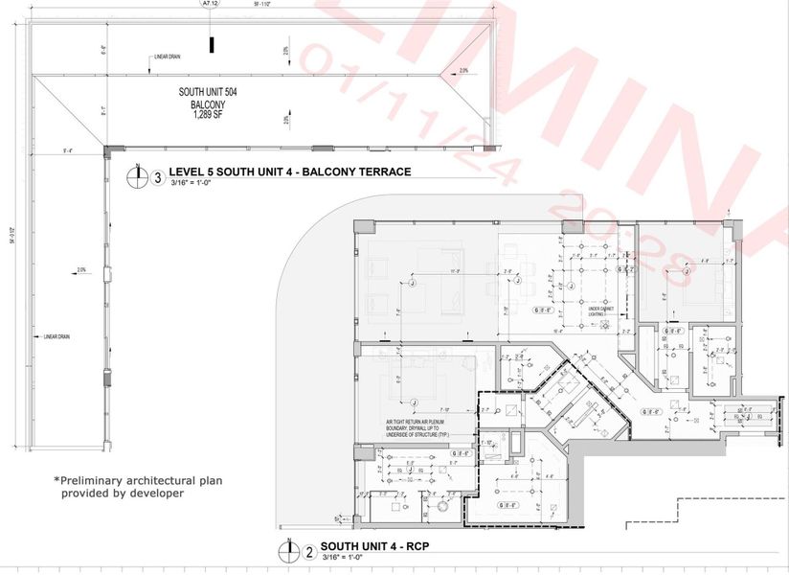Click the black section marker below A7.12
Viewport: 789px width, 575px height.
tap(213, 44)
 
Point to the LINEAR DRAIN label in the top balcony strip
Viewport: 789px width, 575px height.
tap(169, 57)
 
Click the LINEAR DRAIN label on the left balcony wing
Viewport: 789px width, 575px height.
tap(56, 336)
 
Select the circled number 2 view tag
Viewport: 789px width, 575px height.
tap(309, 552)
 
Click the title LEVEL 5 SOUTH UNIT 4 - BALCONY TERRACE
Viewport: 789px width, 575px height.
tap(289, 172)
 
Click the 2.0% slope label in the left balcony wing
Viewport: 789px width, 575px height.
tap(81, 270)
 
